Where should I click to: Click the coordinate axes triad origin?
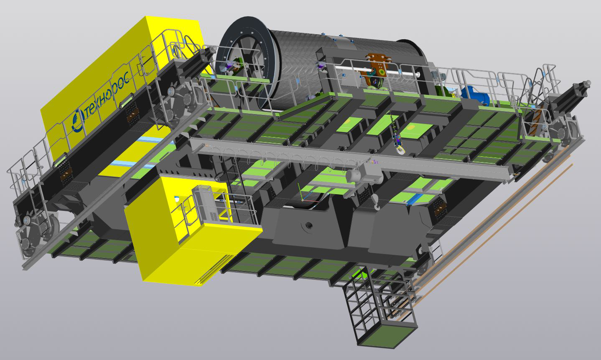point(302,200)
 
